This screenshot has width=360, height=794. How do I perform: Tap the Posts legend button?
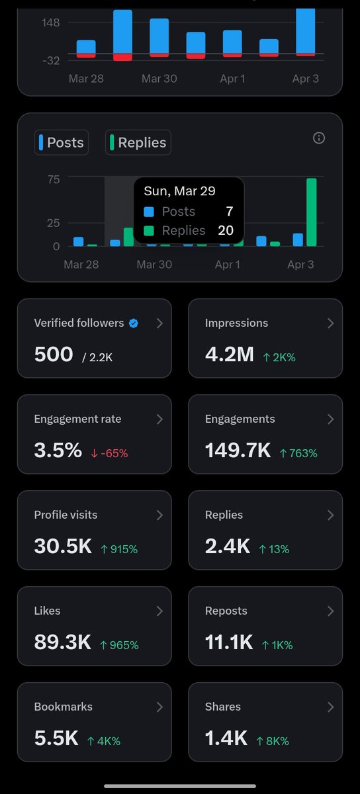[62, 142]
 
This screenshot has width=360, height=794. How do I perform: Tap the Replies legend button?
[138, 142]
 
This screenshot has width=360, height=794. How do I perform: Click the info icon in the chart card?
[319, 138]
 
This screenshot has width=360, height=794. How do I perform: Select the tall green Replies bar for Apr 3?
[311, 212]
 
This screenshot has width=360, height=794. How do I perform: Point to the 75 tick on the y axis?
[54, 179]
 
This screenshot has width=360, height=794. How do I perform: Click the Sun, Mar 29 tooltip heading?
[179, 191]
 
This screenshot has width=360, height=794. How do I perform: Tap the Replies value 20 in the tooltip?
[225, 230]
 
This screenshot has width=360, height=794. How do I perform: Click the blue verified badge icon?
[134, 323]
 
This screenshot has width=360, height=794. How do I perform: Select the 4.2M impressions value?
[230, 355]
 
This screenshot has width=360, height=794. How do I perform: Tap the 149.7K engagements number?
[238, 451]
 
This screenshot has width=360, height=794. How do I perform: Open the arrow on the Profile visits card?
[159, 515]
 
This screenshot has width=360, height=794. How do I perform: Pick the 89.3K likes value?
[62, 642]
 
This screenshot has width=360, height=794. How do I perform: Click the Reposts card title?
[226, 611]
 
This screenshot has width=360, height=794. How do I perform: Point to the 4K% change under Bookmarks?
[103, 741]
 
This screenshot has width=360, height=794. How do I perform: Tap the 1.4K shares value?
[226, 738]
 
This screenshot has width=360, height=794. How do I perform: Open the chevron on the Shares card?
[330, 707]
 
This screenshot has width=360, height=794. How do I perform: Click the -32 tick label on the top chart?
[51, 60]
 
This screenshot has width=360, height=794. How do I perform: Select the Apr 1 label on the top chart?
[232, 79]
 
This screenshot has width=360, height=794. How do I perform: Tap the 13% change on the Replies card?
[274, 549]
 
